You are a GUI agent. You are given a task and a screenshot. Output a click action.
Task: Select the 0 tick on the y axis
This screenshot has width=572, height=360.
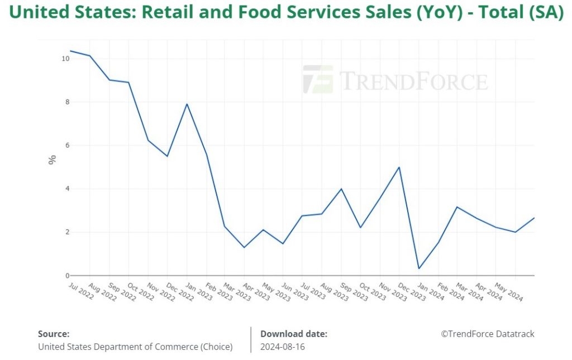click(x=67, y=276)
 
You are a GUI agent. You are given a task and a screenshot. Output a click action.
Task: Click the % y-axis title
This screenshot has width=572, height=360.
click(x=52, y=160)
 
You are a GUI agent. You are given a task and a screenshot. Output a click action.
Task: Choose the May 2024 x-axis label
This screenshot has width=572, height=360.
click(x=509, y=291)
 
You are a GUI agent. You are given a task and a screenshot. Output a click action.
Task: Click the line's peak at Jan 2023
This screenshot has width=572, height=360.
click(x=187, y=104)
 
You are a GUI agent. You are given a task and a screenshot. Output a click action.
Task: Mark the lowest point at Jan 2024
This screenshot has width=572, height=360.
click(x=419, y=268)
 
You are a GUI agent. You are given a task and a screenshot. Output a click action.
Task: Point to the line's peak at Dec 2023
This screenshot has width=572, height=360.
click(x=399, y=167)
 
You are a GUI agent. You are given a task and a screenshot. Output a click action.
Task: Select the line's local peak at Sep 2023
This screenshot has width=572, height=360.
click(x=341, y=189)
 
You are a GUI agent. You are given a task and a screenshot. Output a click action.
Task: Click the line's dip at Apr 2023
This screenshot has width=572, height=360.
click(x=244, y=247)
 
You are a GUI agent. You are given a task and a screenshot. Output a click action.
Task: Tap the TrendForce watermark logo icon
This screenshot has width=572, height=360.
click(x=318, y=80)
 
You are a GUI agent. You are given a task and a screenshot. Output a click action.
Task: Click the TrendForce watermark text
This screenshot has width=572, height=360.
click(x=413, y=81)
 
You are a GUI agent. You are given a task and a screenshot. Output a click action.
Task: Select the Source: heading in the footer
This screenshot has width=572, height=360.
click(x=54, y=334)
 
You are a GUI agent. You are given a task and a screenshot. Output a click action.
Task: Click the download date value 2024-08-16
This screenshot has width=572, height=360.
click(x=283, y=347)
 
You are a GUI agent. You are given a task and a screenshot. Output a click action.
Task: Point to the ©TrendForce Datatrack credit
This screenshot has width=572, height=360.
click(x=488, y=334)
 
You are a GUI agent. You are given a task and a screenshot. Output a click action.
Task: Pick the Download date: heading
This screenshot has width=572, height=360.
click(x=294, y=334)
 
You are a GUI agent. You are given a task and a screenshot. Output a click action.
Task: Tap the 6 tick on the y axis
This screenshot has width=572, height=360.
click(x=67, y=145)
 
